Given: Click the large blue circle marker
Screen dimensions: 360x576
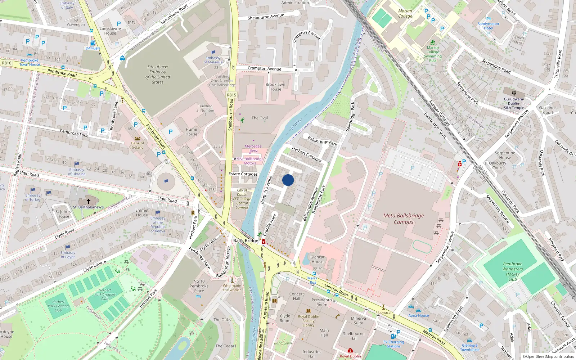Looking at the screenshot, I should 288,180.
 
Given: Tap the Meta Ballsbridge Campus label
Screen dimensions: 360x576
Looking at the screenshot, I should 403,219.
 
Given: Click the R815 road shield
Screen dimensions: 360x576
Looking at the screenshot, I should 231,95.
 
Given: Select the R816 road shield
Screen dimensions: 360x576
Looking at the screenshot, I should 6,63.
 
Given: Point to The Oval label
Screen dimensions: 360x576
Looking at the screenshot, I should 260,118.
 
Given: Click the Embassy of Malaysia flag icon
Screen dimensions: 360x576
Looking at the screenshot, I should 213,53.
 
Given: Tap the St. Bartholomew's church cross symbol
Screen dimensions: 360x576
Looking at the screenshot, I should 88,201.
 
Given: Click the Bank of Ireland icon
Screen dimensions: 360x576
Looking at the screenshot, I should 137,138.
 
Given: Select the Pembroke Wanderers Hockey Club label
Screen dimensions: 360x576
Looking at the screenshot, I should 512,271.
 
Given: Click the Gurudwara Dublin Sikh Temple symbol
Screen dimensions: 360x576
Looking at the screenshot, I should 514,93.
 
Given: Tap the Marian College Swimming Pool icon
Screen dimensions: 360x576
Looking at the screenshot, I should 433,42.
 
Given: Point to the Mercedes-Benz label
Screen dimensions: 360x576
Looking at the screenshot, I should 253,148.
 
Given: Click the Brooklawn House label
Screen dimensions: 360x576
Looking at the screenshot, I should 275,87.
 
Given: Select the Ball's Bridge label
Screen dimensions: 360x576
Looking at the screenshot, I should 246,240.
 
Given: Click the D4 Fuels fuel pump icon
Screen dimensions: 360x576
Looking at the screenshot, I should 93,43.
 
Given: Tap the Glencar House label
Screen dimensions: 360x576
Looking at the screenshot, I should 317,259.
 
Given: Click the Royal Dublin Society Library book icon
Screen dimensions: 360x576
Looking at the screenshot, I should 309,311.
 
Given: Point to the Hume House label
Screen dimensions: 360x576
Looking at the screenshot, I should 191,132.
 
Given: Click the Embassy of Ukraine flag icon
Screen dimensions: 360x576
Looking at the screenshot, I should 77,164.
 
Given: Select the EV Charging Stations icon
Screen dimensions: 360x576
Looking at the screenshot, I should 393,337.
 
